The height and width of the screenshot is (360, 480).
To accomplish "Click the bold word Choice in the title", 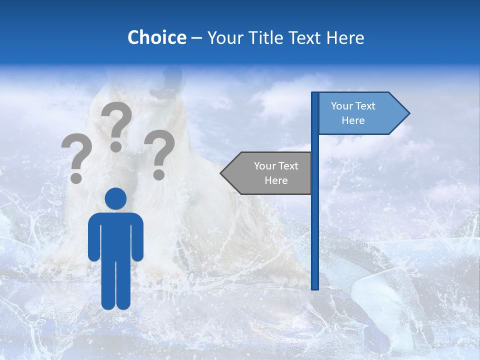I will coord(156,37).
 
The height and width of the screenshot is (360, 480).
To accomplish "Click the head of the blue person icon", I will coord(116,198).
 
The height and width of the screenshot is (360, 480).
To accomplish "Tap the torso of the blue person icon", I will coord(116,235).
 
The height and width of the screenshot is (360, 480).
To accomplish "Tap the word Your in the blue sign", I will coord(342,106).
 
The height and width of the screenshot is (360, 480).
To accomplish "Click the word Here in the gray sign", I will coord(276,180).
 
